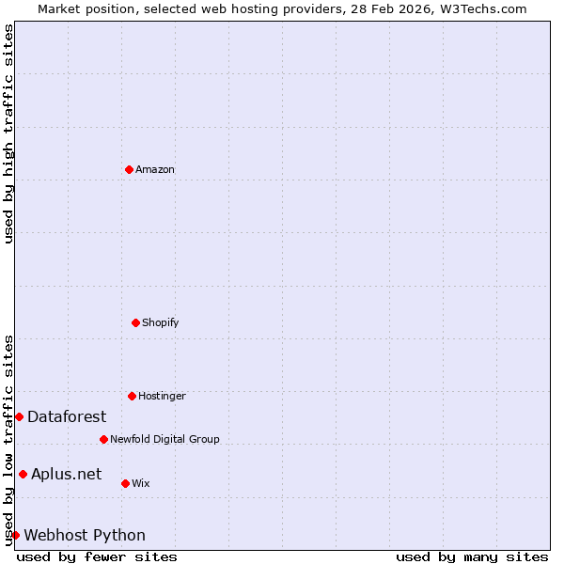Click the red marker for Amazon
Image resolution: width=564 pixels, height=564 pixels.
coord(129,169)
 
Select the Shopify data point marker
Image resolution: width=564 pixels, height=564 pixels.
coord(135,322)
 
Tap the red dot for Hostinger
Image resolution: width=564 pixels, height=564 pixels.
coord(132,396)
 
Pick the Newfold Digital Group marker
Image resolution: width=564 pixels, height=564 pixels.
coord(103,439)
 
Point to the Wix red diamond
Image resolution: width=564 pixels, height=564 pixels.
coord(125,483)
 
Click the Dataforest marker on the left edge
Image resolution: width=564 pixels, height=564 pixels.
coord(19,416)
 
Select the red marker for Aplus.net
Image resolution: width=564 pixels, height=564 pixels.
coord(23,474)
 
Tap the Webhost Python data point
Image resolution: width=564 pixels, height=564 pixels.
coord(15,535)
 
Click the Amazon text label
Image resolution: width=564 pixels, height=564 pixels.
coord(155,170)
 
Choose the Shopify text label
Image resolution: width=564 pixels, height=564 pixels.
coord(161,323)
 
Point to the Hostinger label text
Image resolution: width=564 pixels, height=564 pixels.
coord(163,397)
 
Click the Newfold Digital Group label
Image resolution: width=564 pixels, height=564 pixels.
coord(165,440)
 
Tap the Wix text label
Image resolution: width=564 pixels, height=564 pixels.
coord(141,484)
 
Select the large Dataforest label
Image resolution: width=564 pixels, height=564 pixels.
coord(67,417)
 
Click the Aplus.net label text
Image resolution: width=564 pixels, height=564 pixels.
coord(66,475)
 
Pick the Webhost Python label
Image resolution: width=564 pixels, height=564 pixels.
coord(85,536)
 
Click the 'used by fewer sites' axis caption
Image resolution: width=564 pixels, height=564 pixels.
coord(97,556)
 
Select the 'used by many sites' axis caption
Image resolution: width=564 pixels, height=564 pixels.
coord(472,556)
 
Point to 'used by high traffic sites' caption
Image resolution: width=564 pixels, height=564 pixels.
coord(8,133)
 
